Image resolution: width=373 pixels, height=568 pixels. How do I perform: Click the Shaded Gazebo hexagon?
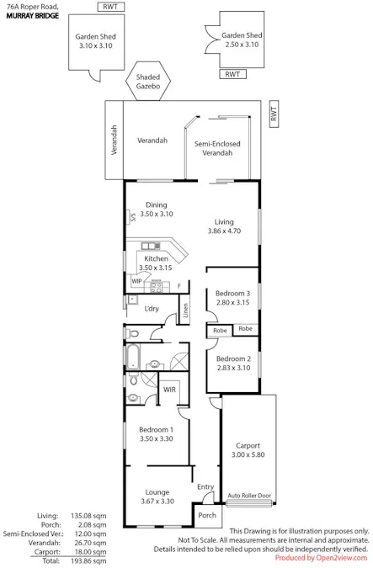(x=148, y=81)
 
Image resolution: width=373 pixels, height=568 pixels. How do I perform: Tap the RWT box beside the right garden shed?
(x=232, y=74)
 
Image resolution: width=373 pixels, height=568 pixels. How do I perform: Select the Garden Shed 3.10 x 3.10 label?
(x=96, y=41)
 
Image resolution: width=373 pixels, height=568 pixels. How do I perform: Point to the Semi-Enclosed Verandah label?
(x=217, y=148)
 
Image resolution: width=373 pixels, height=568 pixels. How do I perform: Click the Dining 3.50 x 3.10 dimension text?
(x=157, y=214)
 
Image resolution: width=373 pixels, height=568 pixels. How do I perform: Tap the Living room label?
(x=224, y=221)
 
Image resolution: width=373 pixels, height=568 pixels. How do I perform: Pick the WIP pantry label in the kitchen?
(x=136, y=281)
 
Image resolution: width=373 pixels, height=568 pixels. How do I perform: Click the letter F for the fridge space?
(x=179, y=286)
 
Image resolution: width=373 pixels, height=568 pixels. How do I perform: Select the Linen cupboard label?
(x=185, y=310)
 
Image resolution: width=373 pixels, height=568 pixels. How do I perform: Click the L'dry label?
(x=152, y=309)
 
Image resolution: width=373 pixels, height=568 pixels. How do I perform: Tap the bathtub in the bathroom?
(x=133, y=356)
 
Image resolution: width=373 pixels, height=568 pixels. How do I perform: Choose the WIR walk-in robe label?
(x=169, y=390)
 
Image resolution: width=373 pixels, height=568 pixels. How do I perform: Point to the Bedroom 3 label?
(x=232, y=294)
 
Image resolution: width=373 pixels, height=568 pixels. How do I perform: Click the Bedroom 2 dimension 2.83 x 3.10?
(x=233, y=368)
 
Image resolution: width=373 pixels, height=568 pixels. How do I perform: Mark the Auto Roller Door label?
(x=249, y=496)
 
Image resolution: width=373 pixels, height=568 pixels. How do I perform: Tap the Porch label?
(x=207, y=515)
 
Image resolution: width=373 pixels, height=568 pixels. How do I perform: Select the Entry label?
(x=205, y=487)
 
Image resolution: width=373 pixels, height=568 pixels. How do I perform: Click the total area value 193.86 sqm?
(x=88, y=560)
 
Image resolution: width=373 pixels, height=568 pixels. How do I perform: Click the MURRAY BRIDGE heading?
(x=33, y=16)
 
